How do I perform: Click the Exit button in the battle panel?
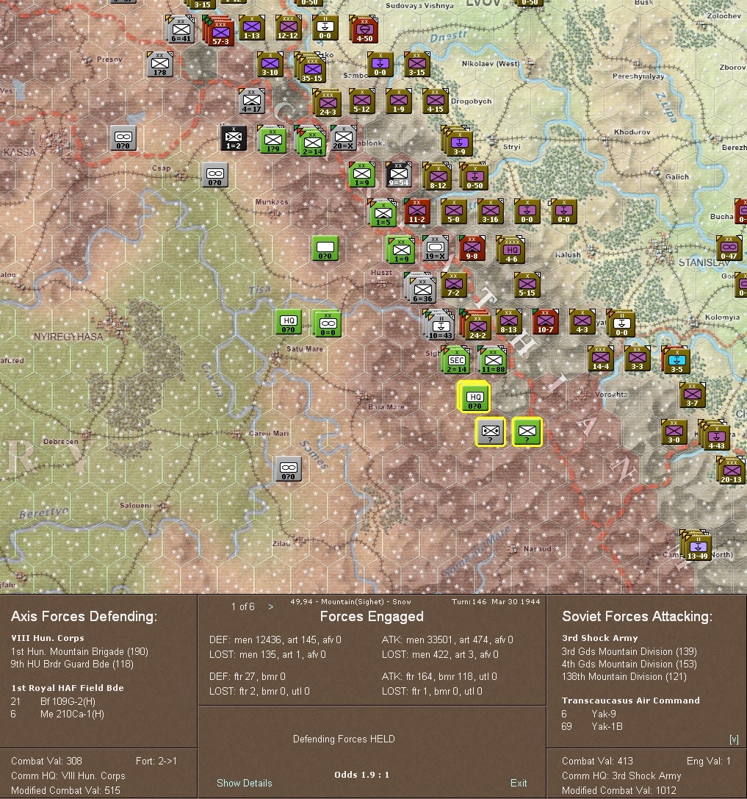tap(519, 783)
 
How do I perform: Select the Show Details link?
tap(244, 783)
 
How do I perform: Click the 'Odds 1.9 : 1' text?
tap(361, 775)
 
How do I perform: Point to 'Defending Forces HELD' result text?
tap(344, 739)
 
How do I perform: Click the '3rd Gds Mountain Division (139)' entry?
tap(617, 651)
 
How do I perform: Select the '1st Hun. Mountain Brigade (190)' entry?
tap(79, 651)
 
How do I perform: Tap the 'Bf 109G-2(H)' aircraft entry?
tap(68, 701)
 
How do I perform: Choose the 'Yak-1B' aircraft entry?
tap(607, 726)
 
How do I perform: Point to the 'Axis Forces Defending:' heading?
tap(84, 617)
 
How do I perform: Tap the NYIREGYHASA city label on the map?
tap(68, 337)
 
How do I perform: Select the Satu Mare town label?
tap(305, 349)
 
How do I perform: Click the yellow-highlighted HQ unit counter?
tap(474, 397)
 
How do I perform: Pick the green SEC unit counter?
tap(456, 359)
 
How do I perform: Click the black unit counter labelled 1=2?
tap(234, 138)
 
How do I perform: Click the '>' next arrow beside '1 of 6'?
tap(271, 606)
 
